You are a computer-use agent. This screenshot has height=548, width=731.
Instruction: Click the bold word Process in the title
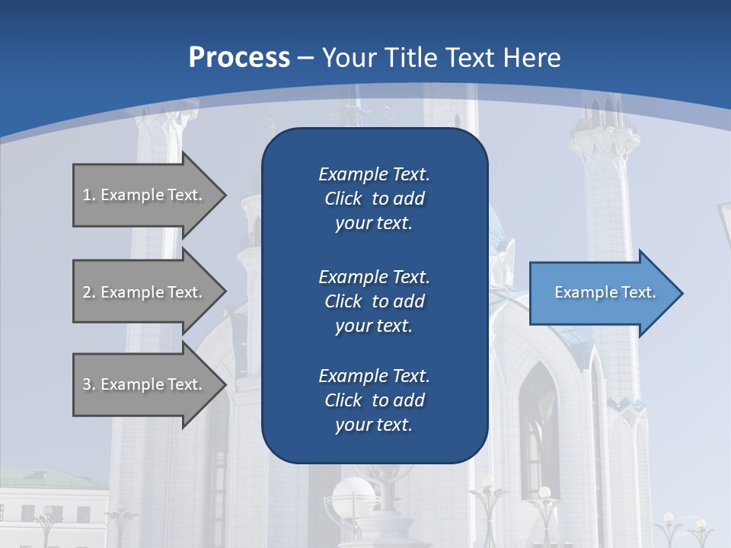(x=239, y=58)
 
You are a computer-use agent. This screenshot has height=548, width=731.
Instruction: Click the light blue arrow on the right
(x=602, y=293)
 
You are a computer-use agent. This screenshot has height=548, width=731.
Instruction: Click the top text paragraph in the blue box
(x=374, y=199)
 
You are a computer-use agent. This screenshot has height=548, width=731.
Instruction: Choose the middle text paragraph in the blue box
(x=374, y=301)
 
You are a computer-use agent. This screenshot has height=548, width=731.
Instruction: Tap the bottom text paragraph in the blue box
(x=374, y=400)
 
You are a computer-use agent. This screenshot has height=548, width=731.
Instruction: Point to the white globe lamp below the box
(x=353, y=499)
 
